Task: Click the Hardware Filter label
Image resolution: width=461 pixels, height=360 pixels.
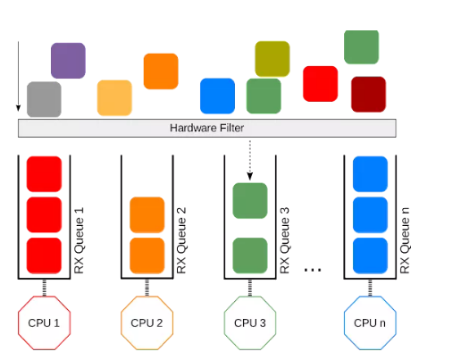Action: [206, 128]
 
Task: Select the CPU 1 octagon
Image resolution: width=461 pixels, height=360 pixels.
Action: [44, 322]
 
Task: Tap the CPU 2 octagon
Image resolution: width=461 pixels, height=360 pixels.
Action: [147, 322]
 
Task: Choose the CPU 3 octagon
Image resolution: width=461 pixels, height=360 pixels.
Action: [250, 322]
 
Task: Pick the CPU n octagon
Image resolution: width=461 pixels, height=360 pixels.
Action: [370, 322]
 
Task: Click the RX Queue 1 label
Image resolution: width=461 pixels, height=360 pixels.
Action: [79, 240]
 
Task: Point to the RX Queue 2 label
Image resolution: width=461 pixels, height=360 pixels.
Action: [181, 240]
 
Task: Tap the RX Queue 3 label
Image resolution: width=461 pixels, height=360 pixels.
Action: [285, 240]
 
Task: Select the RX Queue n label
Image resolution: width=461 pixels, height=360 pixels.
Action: [405, 240]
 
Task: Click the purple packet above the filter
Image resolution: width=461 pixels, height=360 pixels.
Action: [68, 61]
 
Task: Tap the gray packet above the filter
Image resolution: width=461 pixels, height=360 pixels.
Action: [44, 99]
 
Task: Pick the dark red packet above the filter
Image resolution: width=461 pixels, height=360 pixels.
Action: [368, 95]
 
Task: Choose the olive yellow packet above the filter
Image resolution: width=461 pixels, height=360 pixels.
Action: [272, 59]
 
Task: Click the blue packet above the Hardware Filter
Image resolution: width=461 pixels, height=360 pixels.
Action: [217, 96]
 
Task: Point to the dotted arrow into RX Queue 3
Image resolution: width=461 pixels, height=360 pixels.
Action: [250, 160]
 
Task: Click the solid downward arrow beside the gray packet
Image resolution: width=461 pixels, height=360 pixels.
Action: [18, 76]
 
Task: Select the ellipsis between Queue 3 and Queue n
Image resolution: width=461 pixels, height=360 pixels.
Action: [313, 270]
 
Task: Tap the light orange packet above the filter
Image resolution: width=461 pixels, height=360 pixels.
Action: [114, 97]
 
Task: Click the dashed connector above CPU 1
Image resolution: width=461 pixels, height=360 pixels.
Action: [44, 288]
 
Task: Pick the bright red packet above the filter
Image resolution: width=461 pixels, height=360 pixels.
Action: [320, 84]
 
